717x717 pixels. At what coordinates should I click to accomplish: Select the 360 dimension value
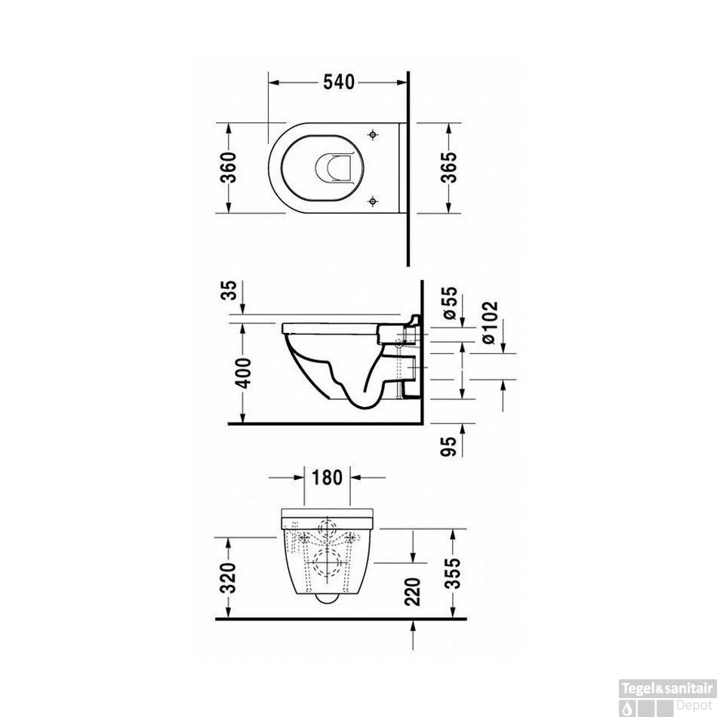click(x=232, y=168)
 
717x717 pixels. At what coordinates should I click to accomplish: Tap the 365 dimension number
click(x=448, y=168)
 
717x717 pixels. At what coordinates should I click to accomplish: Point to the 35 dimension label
click(x=231, y=294)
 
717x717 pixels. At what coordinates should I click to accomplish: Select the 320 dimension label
click(x=231, y=577)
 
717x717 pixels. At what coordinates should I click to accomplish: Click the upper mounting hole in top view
click(x=373, y=134)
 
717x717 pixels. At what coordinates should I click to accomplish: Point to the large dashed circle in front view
click(x=326, y=562)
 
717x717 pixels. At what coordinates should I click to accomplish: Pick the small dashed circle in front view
click(x=327, y=527)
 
